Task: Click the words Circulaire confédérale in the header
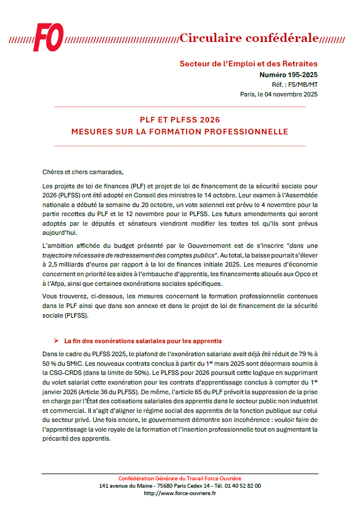coord(249,38)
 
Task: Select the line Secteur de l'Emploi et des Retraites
coord(248,64)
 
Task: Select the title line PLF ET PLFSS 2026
coord(180,120)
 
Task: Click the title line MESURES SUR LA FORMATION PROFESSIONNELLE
coord(180,132)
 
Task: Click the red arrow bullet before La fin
coord(56,341)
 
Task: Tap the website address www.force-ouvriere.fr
coord(180,493)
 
